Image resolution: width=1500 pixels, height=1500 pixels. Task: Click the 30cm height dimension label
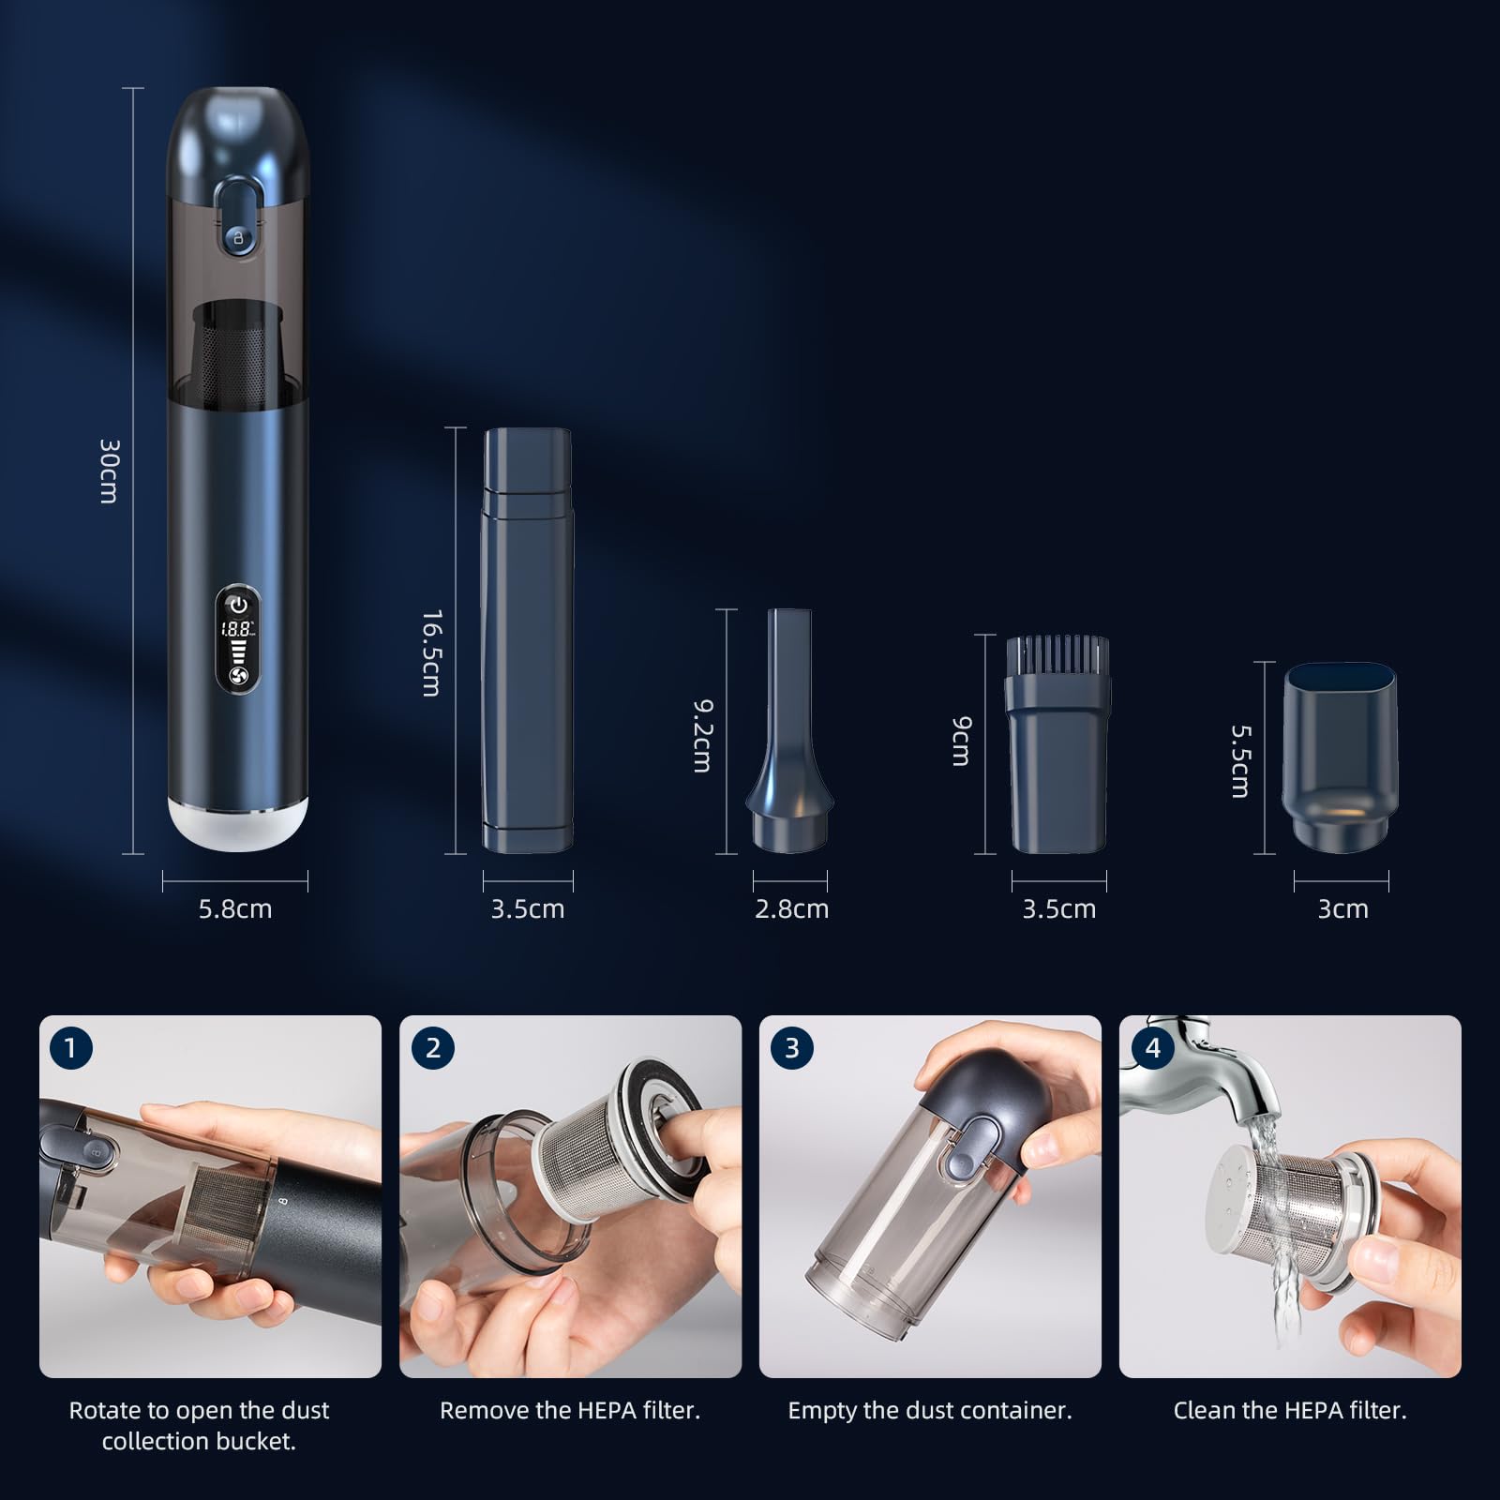[109, 471]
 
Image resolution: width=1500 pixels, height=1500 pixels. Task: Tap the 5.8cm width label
[235, 908]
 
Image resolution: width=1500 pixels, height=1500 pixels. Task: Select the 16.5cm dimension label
[431, 653]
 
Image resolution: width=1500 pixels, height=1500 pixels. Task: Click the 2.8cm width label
[791, 908]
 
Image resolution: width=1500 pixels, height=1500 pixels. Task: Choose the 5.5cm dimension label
[1240, 760]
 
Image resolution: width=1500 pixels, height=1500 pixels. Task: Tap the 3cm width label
[1342, 908]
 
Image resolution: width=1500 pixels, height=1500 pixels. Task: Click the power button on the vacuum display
[238, 605]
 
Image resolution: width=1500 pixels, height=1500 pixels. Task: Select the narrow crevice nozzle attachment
[790, 731]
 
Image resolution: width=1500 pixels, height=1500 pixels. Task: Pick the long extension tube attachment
[528, 639]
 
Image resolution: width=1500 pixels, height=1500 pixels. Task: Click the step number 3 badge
[792, 1047]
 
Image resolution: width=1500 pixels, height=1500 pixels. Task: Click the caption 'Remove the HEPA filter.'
[570, 1410]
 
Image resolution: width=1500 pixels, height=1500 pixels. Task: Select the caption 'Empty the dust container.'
[929, 1410]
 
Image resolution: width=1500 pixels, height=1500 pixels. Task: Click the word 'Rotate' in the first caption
[104, 1410]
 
